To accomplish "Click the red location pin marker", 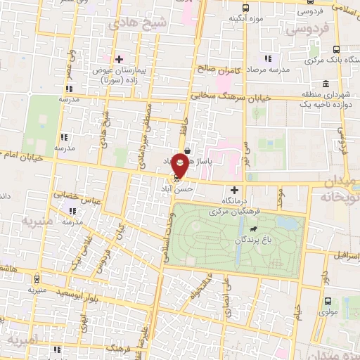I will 181,165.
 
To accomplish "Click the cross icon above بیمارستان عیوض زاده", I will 120,59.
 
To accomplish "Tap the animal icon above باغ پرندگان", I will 251,229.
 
